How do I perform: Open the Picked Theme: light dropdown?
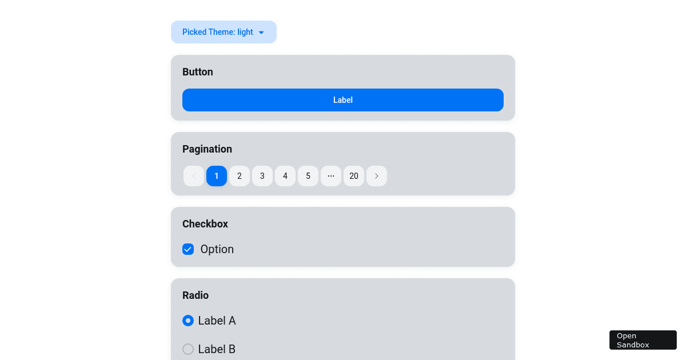coord(224,32)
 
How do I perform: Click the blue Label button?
coord(343,100)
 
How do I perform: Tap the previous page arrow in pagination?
coord(194,176)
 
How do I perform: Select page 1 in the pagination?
coord(217,176)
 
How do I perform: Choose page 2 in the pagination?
coord(240,176)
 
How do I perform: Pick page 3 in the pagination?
coord(262,176)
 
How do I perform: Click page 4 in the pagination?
coord(285,176)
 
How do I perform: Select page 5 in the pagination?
coord(308,176)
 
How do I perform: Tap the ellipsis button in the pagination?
coord(331,176)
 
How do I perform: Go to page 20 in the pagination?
coord(354,176)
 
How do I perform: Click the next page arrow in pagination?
coord(377,176)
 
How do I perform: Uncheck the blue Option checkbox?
coord(188,249)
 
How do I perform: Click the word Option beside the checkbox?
coord(217,249)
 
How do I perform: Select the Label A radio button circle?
coord(188,321)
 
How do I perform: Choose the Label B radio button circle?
coord(188,349)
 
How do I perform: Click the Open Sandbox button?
coord(643,340)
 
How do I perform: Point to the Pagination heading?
coord(207,149)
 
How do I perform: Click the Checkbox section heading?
coord(205,224)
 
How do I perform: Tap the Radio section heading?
coord(196,295)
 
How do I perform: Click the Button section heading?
coord(198,72)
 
